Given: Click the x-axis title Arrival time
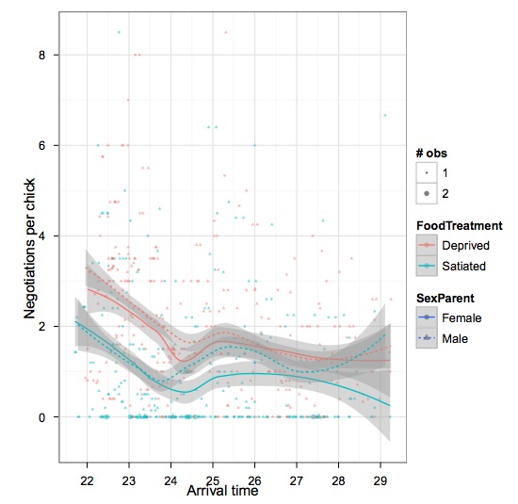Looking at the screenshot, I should [222, 491].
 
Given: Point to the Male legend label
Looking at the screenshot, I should [458, 337].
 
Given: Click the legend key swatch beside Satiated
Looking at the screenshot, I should [428, 266].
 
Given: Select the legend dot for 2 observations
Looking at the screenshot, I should [428, 194].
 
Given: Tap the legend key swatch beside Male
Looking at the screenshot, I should [428, 337].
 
